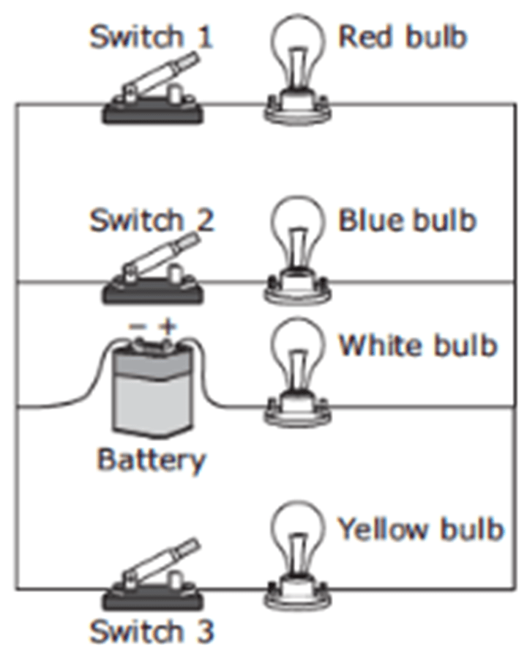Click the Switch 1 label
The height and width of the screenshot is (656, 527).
pos(151,37)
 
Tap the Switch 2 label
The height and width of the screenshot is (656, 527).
pos(152,219)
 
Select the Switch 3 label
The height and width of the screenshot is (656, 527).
pos(152,630)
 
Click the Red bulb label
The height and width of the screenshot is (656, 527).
pos(402,37)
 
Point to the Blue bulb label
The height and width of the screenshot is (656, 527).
pos(406,219)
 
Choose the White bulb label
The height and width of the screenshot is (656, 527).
pos(417,344)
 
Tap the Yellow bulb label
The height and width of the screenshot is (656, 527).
pos(420,528)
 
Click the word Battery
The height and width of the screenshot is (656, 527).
pos(152,460)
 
